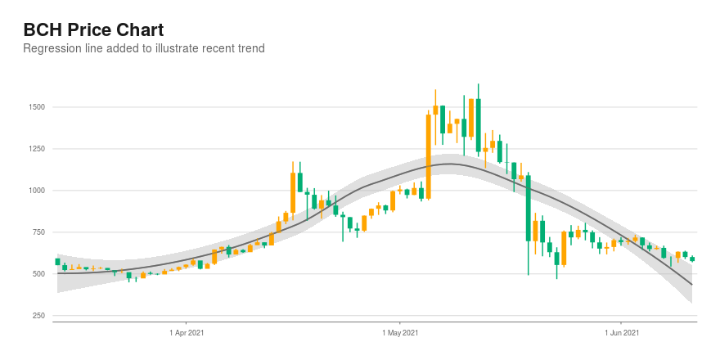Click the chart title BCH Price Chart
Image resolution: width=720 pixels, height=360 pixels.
[93, 30]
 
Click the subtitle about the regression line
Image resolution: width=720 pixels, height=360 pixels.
[144, 48]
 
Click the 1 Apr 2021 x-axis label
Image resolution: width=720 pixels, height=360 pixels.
[186, 332]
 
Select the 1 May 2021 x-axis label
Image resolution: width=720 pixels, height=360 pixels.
[399, 332]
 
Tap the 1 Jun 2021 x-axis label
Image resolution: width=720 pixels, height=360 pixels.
[621, 332]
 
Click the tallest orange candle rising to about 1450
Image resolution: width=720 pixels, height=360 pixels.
[429, 157]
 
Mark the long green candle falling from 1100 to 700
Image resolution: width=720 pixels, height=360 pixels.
[528, 208]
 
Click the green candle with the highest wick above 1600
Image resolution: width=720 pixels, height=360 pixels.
[478, 125]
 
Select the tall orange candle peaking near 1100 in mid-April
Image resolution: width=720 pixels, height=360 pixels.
[293, 192]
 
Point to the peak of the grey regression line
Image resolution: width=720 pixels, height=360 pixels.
[449, 164]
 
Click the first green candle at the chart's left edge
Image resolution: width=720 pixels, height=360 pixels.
[57, 262]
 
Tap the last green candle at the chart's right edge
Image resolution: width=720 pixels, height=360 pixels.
[692, 259]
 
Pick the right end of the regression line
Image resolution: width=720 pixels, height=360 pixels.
[692, 285]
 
